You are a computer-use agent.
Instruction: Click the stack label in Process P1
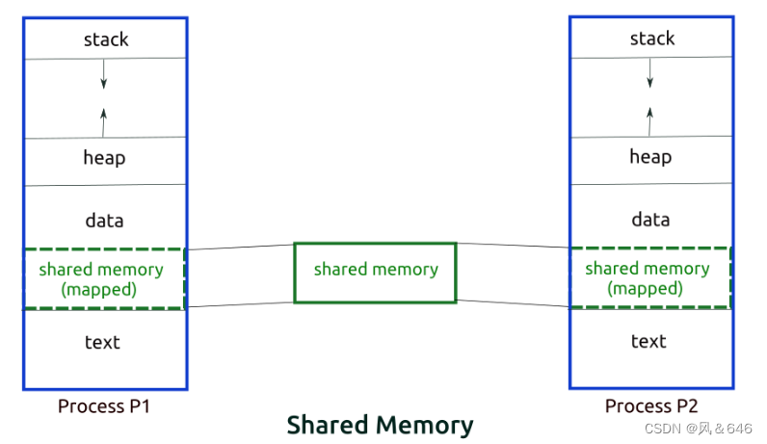pyautogui.click(x=105, y=39)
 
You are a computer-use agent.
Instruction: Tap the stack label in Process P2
pyautogui.click(x=651, y=39)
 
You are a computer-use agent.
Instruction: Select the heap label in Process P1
pyautogui.click(x=104, y=157)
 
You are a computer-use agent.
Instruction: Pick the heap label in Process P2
pyautogui.click(x=650, y=156)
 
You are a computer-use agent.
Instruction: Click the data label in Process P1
pyautogui.click(x=104, y=220)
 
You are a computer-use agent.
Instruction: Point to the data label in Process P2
pyautogui.click(x=650, y=219)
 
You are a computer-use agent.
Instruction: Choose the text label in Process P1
pyautogui.click(x=102, y=342)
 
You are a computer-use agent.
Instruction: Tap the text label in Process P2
pyautogui.click(x=648, y=341)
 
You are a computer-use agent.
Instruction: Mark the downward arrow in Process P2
pyautogui.click(x=649, y=72)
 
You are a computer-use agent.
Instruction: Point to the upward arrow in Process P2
pyautogui.click(x=649, y=119)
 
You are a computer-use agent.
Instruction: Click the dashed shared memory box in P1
pyautogui.click(x=104, y=278)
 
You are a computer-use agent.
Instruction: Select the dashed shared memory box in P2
pyautogui.click(x=650, y=277)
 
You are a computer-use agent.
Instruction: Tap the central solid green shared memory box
pyautogui.click(x=375, y=273)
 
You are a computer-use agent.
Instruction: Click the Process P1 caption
pyautogui.click(x=104, y=405)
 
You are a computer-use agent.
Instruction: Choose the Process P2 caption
pyautogui.click(x=650, y=405)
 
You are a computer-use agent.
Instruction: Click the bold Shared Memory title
pyautogui.click(x=380, y=425)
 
